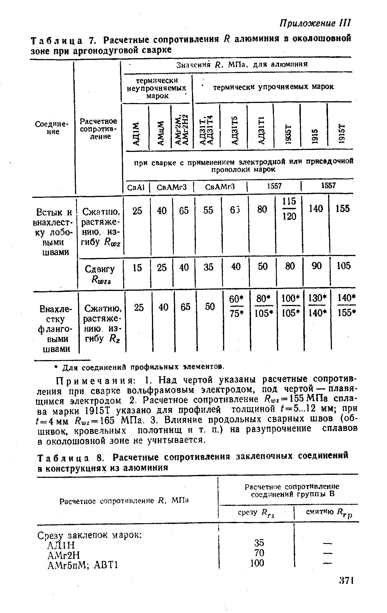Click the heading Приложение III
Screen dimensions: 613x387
click(x=315, y=23)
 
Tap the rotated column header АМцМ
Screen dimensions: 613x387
click(x=160, y=133)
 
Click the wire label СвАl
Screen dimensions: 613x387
click(x=135, y=187)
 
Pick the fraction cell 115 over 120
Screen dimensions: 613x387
click(x=289, y=209)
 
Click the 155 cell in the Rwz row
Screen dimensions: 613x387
click(x=343, y=209)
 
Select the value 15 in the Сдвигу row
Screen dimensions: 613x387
click(x=137, y=268)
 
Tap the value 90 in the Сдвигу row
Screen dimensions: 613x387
click(x=316, y=266)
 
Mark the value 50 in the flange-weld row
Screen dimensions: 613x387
click(x=210, y=307)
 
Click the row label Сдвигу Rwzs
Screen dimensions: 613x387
click(x=99, y=274)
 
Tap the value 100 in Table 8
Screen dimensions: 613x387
click(x=257, y=563)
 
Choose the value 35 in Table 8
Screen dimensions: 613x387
click(x=259, y=543)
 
